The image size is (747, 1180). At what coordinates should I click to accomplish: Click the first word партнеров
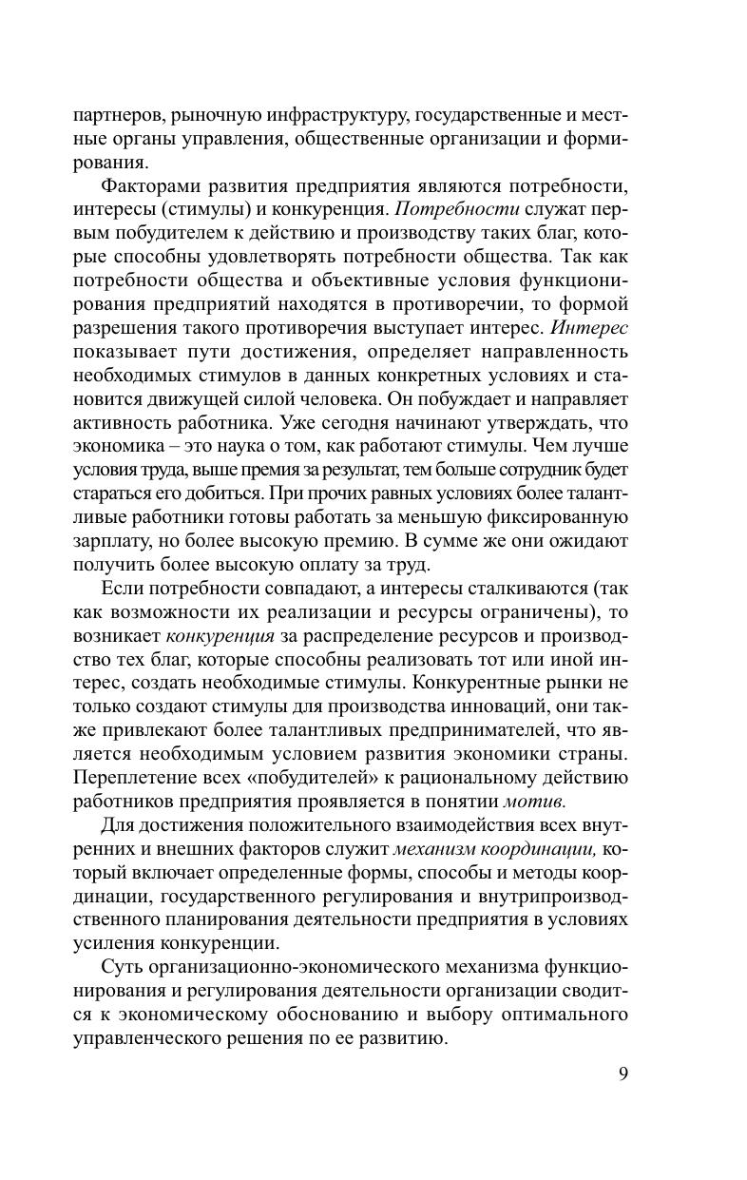point(119,116)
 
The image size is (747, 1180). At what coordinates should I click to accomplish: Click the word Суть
point(123,967)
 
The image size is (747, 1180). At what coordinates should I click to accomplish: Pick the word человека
point(339,399)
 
